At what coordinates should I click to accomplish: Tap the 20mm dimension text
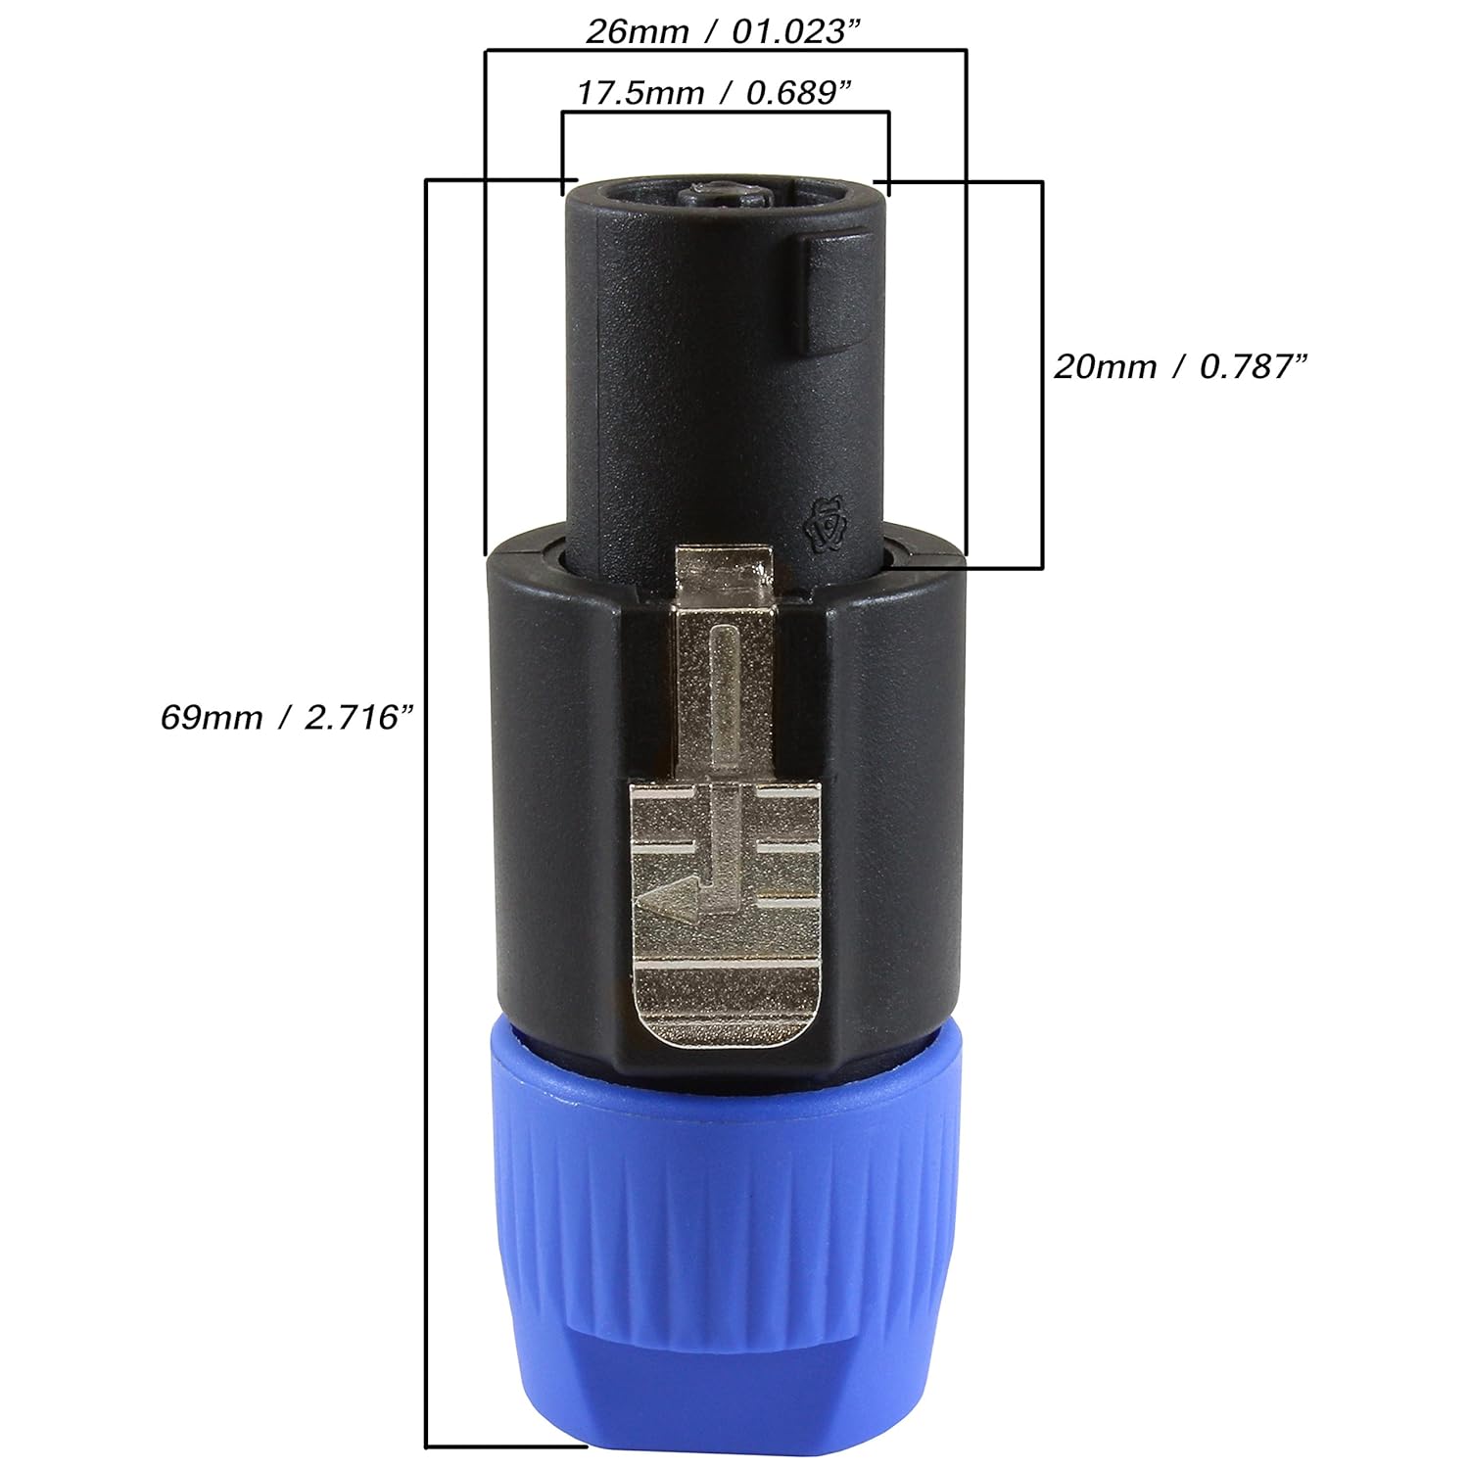click(x=1106, y=367)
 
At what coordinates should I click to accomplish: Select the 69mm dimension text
click(x=212, y=718)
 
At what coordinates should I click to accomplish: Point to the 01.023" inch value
click(x=786, y=31)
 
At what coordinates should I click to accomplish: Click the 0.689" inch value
click(x=796, y=93)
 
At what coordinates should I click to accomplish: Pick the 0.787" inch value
click(x=1255, y=367)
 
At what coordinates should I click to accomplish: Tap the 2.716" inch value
click(x=354, y=718)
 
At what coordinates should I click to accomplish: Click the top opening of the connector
click(x=726, y=190)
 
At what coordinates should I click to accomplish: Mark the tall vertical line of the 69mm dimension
click(x=426, y=783)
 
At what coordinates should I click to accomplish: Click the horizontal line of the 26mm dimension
click(x=726, y=49)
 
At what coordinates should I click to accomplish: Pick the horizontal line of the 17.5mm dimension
click(x=726, y=113)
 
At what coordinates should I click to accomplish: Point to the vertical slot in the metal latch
click(x=724, y=705)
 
